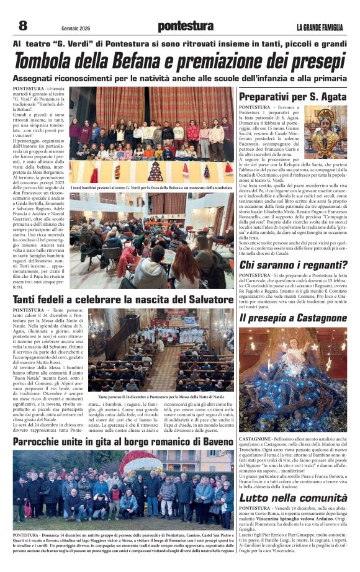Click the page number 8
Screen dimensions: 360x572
(x=22, y=25)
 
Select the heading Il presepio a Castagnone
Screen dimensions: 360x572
(x=294, y=318)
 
